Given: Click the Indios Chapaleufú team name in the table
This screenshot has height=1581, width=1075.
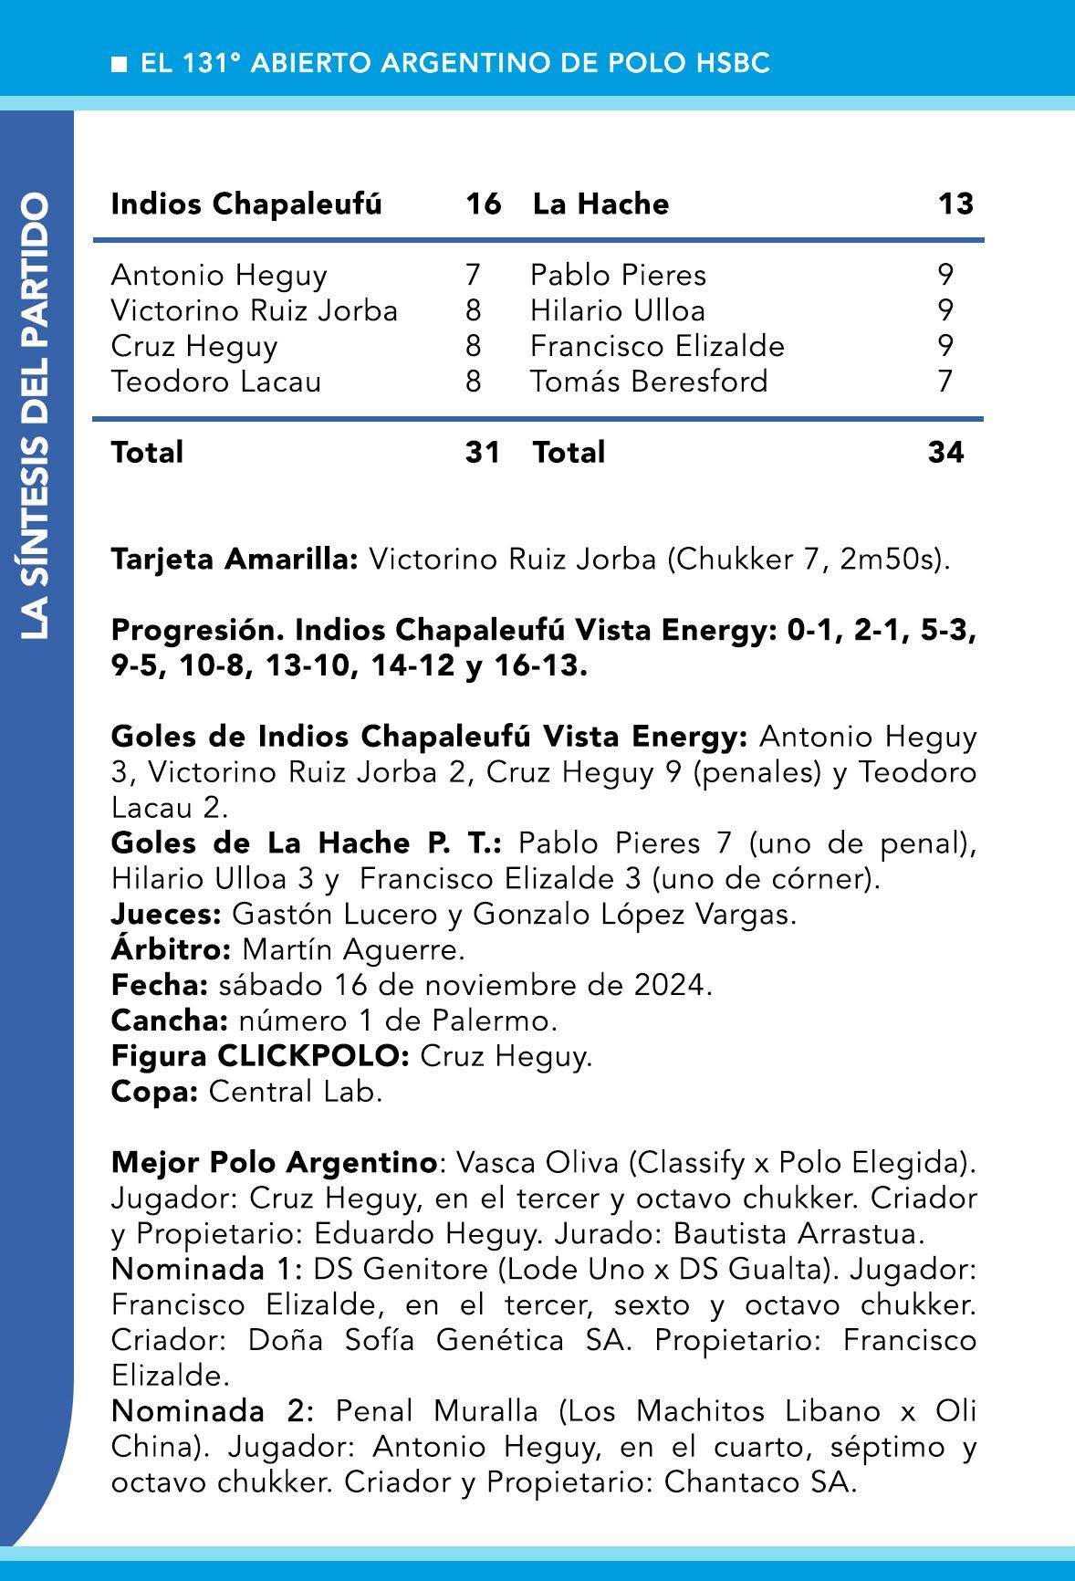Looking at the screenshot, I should pyautogui.click(x=246, y=204).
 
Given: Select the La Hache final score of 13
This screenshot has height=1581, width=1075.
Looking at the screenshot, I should pyautogui.click(x=955, y=204).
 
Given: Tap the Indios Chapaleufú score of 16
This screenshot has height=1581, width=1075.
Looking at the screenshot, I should pyautogui.click(x=483, y=204).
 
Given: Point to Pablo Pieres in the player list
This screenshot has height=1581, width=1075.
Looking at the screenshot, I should pyautogui.click(x=618, y=275).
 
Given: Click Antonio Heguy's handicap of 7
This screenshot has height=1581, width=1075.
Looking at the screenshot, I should pyautogui.click(x=472, y=275).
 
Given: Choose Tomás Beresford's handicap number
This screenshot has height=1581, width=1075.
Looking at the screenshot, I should pyautogui.click(x=945, y=381).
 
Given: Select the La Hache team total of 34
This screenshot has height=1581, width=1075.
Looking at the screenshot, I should pyautogui.click(x=945, y=452).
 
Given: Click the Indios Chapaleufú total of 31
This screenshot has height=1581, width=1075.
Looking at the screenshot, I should pyautogui.click(x=483, y=452).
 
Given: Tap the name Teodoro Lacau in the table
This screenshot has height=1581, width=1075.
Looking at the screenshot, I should pyautogui.click(x=216, y=381).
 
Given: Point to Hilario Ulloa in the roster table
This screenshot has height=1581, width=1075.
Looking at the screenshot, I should pyautogui.click(x=618, y=310).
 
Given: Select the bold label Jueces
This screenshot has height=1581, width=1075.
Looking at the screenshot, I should pyautogui.click(x=166, y=914).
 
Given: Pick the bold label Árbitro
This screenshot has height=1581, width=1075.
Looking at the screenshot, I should pyautogui.click(x=172, y=949).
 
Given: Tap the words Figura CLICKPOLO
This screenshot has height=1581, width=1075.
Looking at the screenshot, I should pyautogui.click(x=260, y=1056).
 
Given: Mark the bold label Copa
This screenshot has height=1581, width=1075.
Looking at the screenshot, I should pyautogui.click(x=154, y=1092).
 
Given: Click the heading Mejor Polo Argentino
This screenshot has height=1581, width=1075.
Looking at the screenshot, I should pyautogui.click(x=274, y=1163).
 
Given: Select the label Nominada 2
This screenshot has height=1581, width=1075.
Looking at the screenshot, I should pyautogui.click(x=212, y=1411).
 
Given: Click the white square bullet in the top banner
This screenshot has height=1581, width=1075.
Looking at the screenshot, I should pyautogui.click(x=119, y=64).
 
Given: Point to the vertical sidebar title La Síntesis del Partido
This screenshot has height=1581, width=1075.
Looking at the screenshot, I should pyautogui.click(x=37, y=415).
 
